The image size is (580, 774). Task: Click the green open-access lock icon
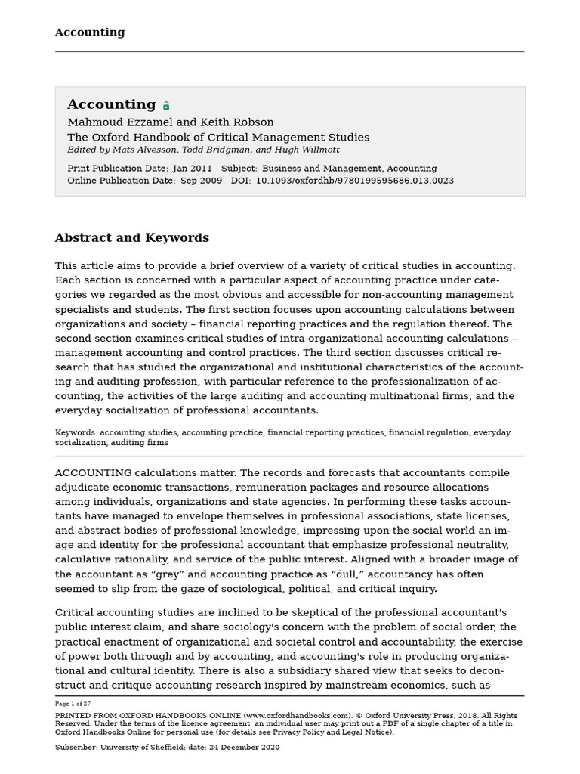(166, 107)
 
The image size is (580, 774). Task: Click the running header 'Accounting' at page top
(90, 33)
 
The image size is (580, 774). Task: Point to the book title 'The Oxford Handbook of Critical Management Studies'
(218, 138)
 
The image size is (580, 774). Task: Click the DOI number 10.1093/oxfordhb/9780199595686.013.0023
(355, 181)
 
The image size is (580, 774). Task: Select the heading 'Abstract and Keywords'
(131, 238)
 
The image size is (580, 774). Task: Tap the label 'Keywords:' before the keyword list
(76, 433)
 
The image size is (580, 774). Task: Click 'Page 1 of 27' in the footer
(72, 703)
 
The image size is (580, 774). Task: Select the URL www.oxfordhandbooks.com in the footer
(295, 715)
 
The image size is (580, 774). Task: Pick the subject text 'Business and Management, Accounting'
(349, 169)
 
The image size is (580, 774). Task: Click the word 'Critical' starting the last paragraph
(75, 612)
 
